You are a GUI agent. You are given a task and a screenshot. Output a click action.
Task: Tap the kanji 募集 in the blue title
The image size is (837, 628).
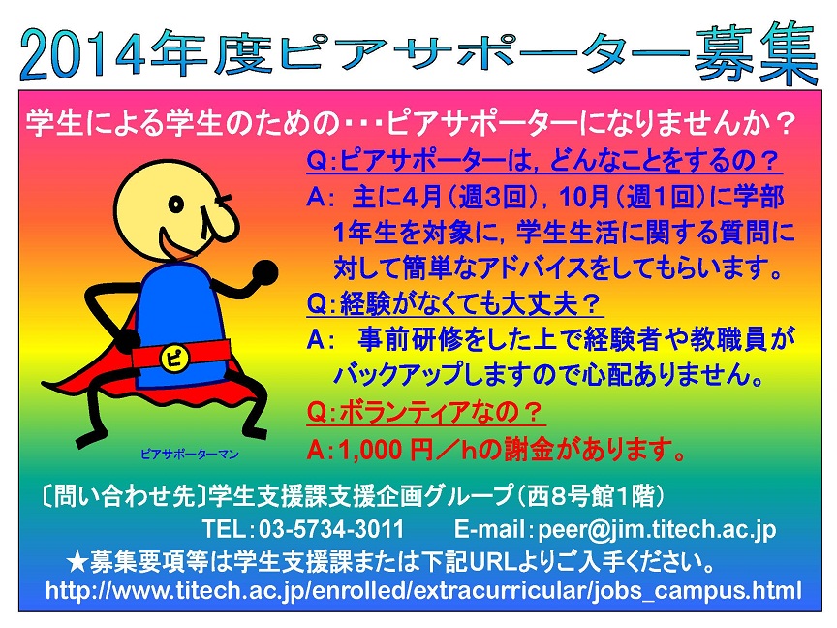tap(756, 54)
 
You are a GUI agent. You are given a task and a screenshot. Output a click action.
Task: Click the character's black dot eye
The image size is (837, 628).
tap(176, 204)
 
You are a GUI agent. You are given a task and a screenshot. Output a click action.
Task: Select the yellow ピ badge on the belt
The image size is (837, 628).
tap(174, 358)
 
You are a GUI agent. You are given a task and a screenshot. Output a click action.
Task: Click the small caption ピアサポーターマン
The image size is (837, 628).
tap(190, 454)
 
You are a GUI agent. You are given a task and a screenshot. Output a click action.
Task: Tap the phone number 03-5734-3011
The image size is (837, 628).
tap(331, 529)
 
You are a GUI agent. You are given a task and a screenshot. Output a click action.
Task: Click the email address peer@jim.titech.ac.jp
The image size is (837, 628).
tap(657, 530)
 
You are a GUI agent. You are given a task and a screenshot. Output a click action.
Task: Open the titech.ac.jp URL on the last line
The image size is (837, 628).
tap(423, 590)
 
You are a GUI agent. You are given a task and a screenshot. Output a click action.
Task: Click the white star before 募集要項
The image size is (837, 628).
tap(77, 562)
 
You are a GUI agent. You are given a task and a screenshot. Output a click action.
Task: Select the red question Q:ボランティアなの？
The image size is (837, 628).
tap(425, 412)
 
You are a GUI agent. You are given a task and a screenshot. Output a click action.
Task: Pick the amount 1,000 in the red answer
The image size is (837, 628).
tap(370, 451)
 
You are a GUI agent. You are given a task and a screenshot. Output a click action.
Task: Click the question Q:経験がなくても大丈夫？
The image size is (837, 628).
tap(454, 305)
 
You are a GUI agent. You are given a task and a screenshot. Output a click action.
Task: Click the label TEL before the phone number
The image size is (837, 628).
tap(224, 529)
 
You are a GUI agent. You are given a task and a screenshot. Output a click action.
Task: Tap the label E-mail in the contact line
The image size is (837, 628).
tap(488, 529)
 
